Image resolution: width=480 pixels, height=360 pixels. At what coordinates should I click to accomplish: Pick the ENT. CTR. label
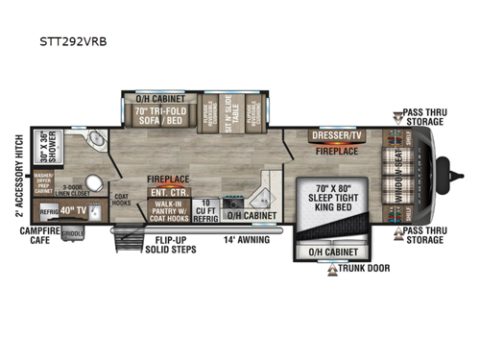(x=161, y=193)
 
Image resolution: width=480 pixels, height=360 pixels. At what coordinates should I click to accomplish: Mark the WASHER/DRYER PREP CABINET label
(x=43, y=181)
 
